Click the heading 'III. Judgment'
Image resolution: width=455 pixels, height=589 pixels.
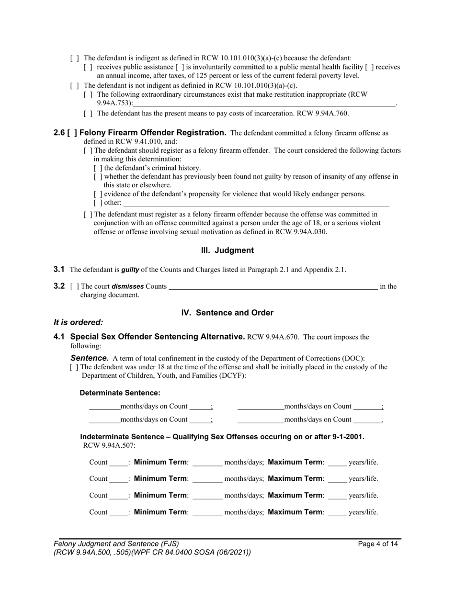[x=227, y=250]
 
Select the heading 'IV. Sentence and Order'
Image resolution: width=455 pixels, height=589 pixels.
[x=227, y=313]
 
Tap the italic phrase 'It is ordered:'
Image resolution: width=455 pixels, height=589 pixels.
[x=78, y=323]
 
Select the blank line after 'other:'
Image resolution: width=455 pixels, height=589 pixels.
[x=256, y=203]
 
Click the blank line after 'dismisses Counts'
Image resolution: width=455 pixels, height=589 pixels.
[x=273, y=287]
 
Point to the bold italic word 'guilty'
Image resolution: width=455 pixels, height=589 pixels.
[x=130, y=270]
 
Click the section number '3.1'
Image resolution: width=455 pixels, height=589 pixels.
[x=59, y=270]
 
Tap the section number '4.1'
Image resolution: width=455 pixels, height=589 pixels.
[x=59, y=337]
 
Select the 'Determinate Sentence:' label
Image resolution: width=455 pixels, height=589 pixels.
[x=120, y=393]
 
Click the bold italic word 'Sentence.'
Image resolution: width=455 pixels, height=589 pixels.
[x=90, y=358]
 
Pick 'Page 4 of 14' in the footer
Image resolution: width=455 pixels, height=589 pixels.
[x=378, y=544]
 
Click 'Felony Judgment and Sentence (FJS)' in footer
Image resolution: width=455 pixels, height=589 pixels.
[x=116, y=544]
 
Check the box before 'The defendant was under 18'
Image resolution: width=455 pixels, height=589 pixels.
[x=74, y=367]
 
